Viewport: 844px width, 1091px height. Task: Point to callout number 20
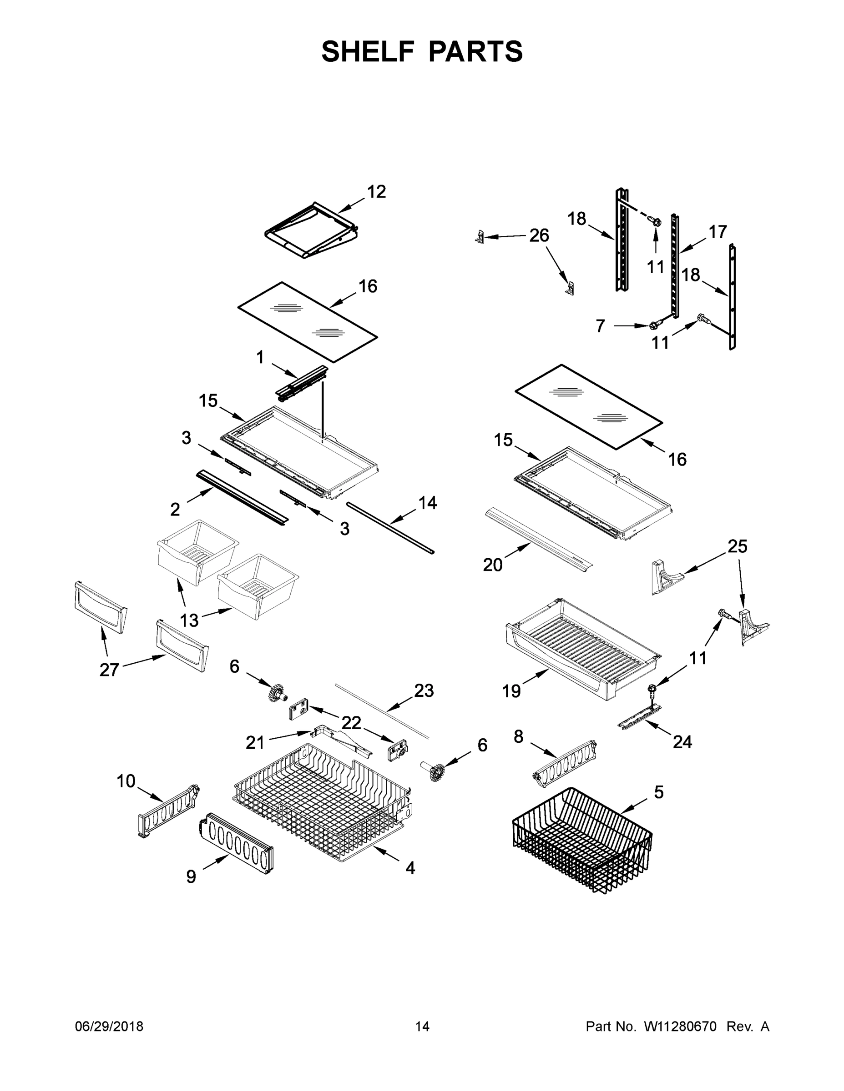(x=492, y=565)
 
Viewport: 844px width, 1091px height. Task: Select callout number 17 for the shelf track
(x=718, y=232)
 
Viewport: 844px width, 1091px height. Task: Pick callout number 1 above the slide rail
(x=260, y=357)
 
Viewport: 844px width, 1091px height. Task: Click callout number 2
(x=175, y=510)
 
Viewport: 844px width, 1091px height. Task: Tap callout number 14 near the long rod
(x=428, y=502)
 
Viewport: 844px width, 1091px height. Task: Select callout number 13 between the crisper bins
(x=189, y=621)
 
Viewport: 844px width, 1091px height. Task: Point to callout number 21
(x=255, y=743)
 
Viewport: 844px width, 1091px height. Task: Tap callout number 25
(x=737, y=546)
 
